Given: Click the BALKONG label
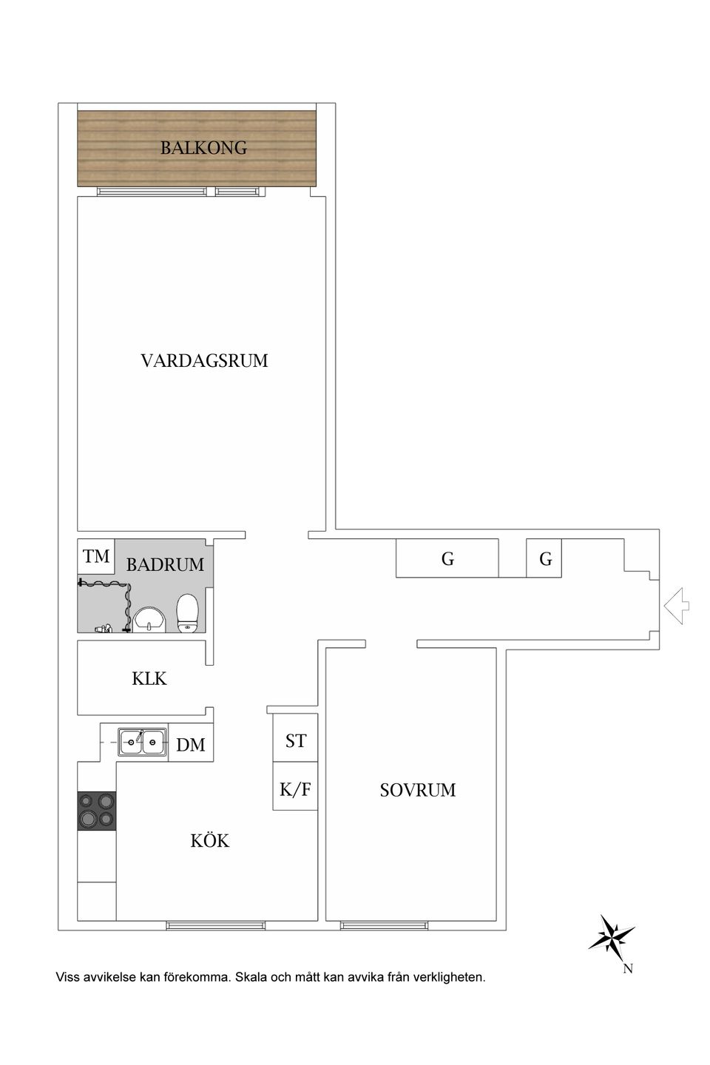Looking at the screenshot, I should click(x=203, y=148).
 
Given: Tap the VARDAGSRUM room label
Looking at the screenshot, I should click(x=204, y=361).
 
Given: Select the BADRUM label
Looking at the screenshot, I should click(x=165, y=565).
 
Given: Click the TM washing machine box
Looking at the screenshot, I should click(x=96, y=557).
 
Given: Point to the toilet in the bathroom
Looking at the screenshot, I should click(x=189, y=614).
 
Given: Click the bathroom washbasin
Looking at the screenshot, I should click(x=151, y=620).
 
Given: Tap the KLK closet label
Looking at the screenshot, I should click(x=149, y=678).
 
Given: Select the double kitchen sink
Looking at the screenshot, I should click(x=143, y=740).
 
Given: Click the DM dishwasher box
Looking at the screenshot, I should click(x=191, y=745).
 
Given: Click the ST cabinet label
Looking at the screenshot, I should click(x=296, y=740).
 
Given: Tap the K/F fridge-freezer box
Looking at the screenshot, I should click(x=295, y=789).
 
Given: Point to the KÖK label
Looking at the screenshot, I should click(x=210, y=841).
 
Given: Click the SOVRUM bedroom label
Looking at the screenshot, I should click(x=418, y=790).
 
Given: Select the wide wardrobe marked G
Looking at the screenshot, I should click(x=447, y=559).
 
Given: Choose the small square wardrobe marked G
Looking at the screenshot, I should click(x=545, y=559).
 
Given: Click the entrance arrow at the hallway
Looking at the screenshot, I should click(x=677, y=606).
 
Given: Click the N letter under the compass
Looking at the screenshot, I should click(x=627, y=969).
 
